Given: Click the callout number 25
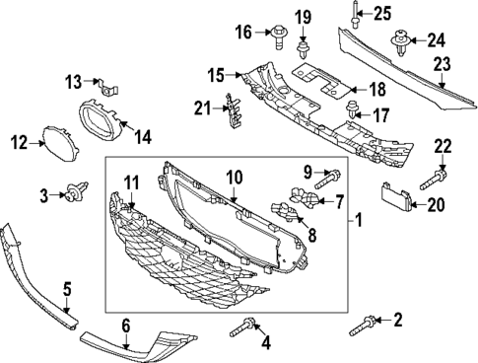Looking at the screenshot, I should (381, 13).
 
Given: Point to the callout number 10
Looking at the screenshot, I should (234, 178).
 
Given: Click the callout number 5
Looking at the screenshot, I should (67, 289).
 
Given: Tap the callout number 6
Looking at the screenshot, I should (126, 325).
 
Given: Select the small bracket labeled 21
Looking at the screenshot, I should (234, 107).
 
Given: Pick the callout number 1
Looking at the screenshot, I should (359, 221).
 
